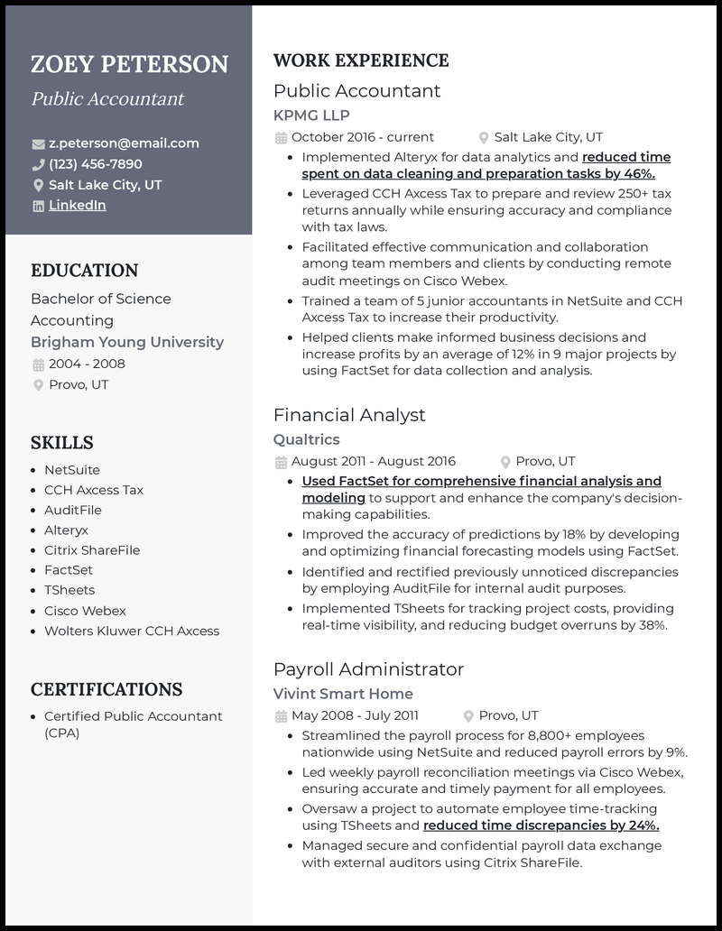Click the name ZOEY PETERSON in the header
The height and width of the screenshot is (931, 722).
129,65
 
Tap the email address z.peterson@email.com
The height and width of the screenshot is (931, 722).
124,143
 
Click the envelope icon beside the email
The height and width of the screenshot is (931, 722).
38,144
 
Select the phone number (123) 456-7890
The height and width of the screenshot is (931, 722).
95,164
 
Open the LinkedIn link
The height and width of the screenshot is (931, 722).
77,206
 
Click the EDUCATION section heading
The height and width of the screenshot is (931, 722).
84,271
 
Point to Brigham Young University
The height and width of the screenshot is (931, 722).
127,343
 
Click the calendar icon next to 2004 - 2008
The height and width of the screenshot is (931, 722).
38,364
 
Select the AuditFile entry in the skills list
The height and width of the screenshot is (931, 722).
72,511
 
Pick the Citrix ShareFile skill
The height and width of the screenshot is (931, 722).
92,550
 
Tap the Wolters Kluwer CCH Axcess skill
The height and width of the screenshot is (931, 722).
132,631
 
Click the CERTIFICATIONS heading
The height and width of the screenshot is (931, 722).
106,690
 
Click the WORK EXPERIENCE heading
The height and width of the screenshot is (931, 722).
361,61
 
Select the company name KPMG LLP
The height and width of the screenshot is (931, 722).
311,115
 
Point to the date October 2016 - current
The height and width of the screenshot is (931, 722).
363,137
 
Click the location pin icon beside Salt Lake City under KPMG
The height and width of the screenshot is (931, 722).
484,138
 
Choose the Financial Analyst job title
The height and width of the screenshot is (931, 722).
349,415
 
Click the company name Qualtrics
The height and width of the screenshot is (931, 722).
307,439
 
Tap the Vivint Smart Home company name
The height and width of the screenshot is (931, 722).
343,694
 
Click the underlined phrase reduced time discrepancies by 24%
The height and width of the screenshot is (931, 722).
541,825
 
